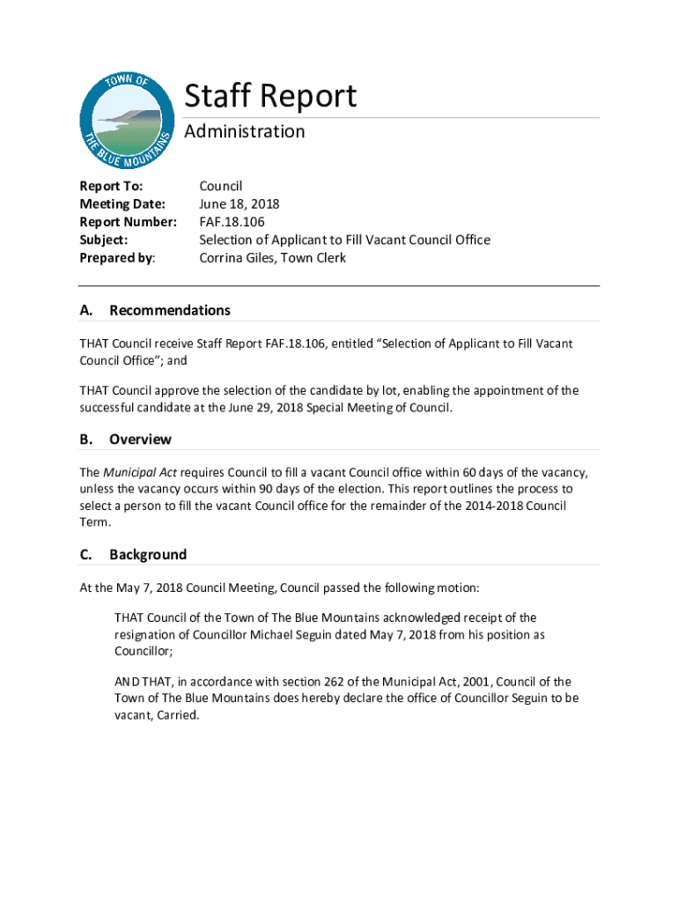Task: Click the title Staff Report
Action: coord(270,96)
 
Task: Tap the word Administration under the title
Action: coord(244,132)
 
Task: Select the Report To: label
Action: coord(111,186)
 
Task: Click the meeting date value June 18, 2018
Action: coord(239,204)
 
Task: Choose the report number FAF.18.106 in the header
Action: coord(232,222)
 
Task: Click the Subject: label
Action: coord(104,240)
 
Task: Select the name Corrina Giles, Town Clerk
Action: coord(272,258)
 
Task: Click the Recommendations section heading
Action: coord(169,310)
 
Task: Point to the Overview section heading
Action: coord(140,440)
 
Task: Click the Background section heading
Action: coord(147,555)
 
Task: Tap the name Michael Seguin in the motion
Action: coord(306,635)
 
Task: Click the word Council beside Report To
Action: coord(220,186)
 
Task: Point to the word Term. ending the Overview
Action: coord(95,522)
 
